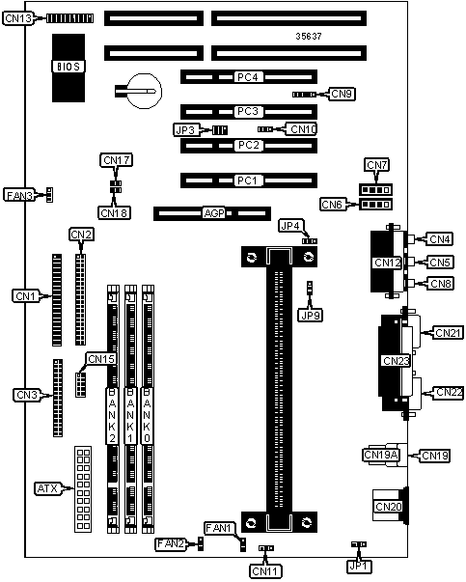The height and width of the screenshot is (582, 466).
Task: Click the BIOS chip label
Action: click(x=69, y=67)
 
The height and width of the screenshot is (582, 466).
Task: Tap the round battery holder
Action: click(x=145, y=91)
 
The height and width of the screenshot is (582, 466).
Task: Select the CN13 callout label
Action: click(x=18, y=18)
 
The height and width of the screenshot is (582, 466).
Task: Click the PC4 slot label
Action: click(x=247, y=77)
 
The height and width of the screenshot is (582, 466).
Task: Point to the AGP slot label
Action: click(x=214, y=213)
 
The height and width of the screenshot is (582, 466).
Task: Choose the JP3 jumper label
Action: click(x=185, y=130)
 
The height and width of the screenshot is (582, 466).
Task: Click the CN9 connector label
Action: click(x=342, y=94)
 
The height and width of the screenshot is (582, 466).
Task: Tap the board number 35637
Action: click(x=309, y=36)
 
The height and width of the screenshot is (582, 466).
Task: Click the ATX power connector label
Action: click(x=48, y=488)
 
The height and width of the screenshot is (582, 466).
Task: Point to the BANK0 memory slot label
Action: click(x=147, y=415)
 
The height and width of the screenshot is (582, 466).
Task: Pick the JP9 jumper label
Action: click(x=310, y=315)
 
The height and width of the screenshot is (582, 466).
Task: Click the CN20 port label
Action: click(x=388, y=507)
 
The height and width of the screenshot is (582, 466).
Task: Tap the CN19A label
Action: click(x=381, y=455)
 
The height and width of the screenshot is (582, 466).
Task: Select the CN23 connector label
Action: click(x=396, y=361)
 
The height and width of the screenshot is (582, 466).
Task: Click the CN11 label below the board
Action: click(x=265, y=571)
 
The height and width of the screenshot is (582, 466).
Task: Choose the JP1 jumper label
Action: click(x=360, y=566)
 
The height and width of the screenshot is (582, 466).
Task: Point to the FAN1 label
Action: click(x=220, y=528)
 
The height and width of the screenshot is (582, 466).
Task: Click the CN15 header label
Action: click(x=101, y=359)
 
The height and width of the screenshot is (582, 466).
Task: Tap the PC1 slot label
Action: click(x=247, y=180)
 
